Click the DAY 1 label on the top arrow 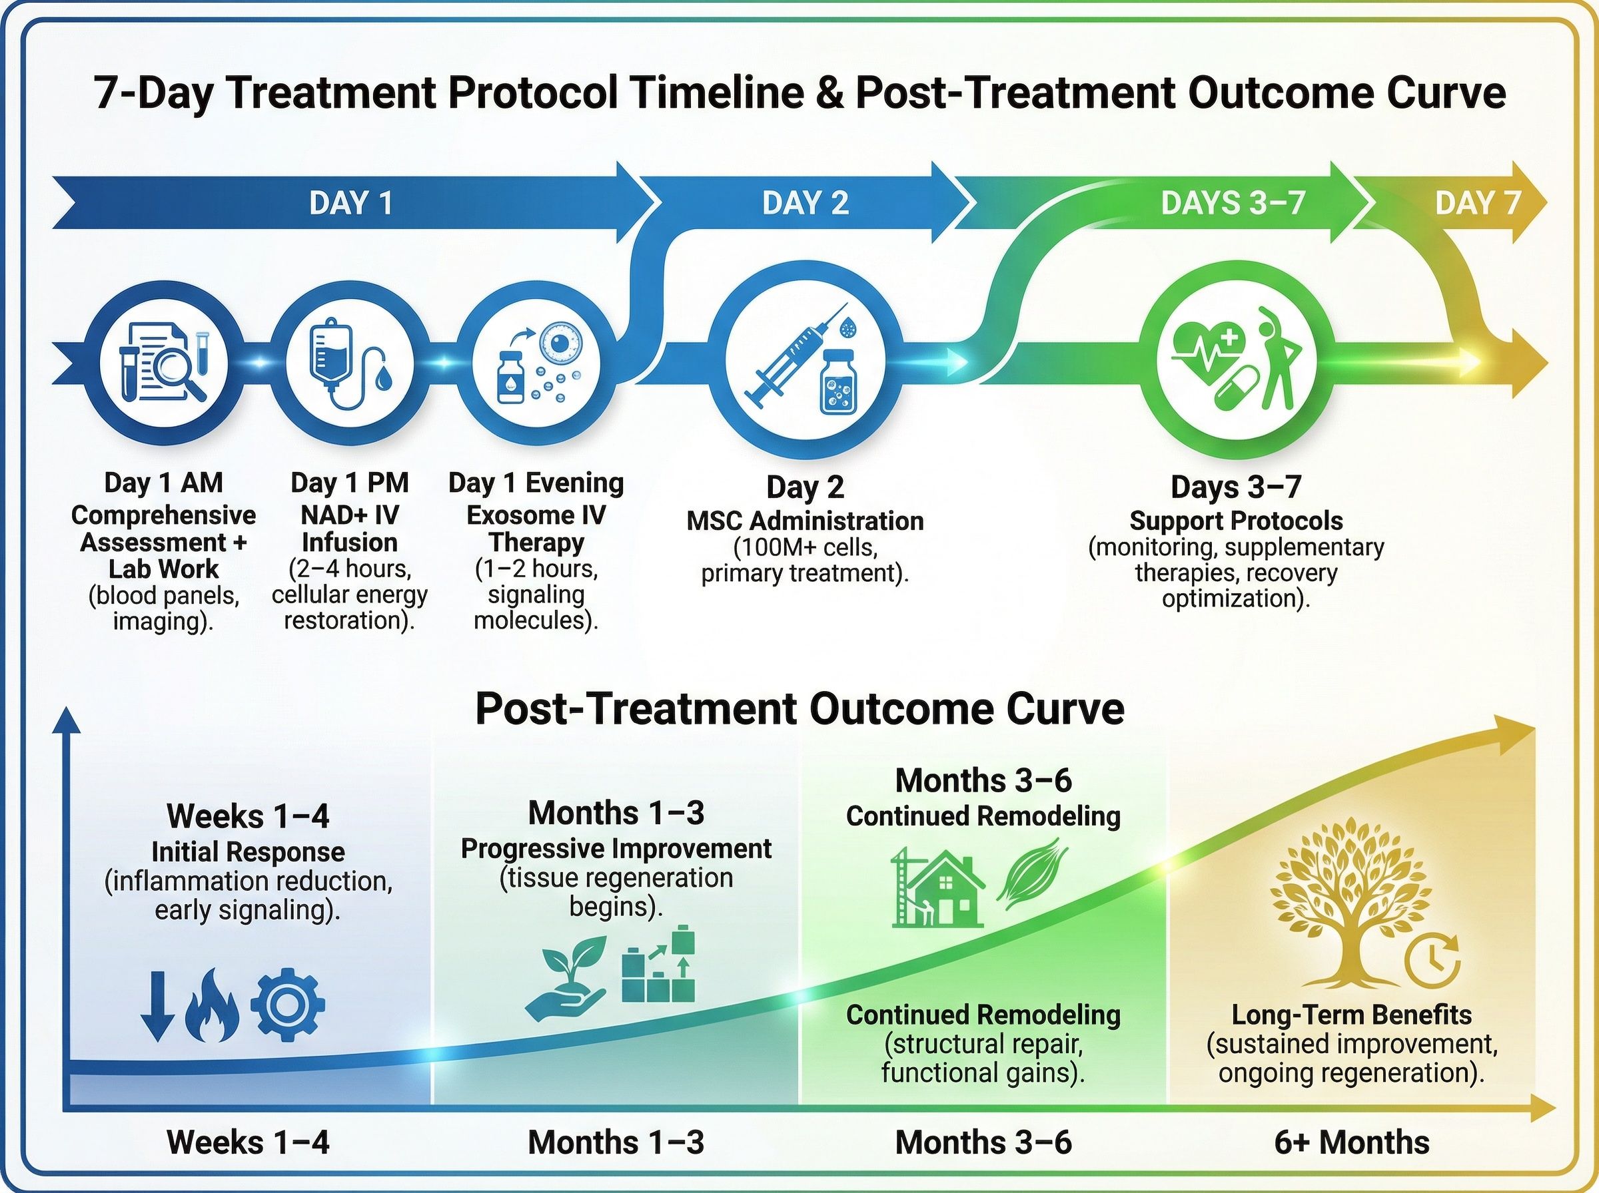point(351,203)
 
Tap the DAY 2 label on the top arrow point(805,203)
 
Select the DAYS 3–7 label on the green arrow point(1233,203)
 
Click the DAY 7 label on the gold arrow point(1478,203)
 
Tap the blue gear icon point(288,1005)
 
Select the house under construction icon point(938,887)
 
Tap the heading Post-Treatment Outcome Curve point(799,709)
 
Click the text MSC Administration point(805,521)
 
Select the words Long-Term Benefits point(1351,1015)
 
